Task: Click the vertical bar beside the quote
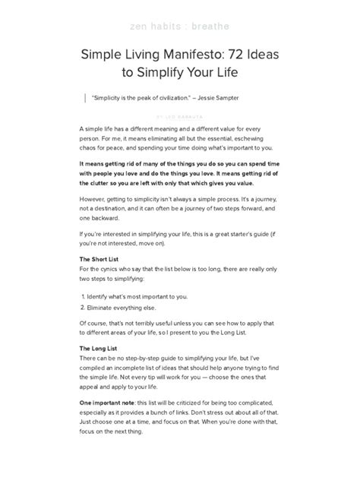click(81, 98)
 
